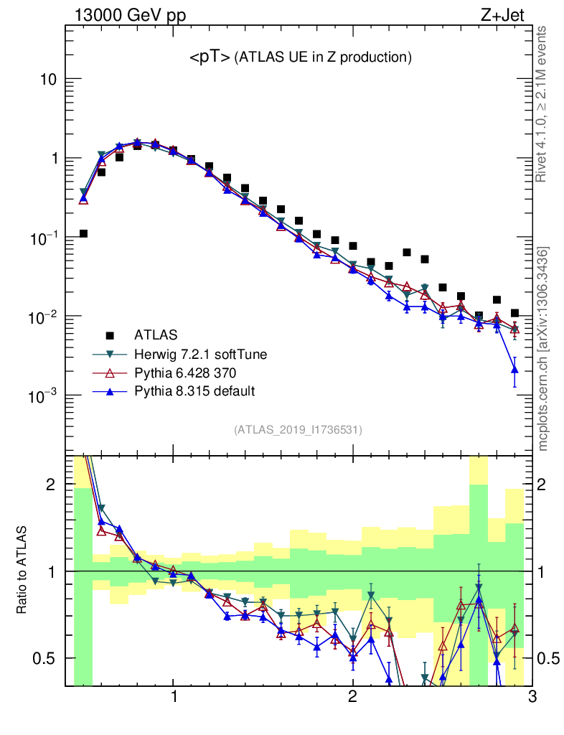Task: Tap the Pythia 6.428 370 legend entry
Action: click(x=187, y=373)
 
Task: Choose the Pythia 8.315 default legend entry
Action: click(x=194, y=391)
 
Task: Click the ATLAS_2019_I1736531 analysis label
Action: click(x=298, y=430)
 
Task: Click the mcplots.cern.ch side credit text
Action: click(x=543, y=348)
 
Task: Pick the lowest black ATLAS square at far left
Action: click(x=83, y=233)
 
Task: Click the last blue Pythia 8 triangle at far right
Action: click(x=514, y=369)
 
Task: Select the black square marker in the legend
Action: click(x=110, y=334)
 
